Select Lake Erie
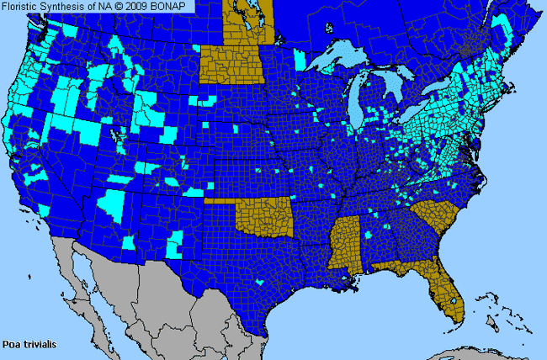421,118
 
